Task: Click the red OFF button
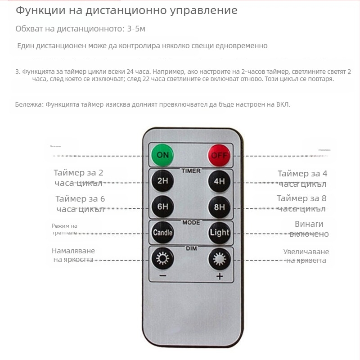tap(219, 156)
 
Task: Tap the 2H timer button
tap(162, 182)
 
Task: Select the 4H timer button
tap(219, 182)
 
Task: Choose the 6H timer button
tap(162, 207)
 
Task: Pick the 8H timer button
tap(219, 207)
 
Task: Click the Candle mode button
tap(162, 233)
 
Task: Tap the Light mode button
tap(219, 233)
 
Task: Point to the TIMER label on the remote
tap(191, 171)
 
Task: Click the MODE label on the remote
tap(191, 222)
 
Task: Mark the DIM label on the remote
tap(191, 248)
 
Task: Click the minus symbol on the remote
tap(162, 276)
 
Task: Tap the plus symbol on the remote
tap(219, 276)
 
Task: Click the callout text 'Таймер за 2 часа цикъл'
tap(78, 178)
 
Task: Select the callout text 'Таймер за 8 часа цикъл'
tap(301, 203)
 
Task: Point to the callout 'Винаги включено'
tap(309, 229)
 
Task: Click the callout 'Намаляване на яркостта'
tap(73, 255)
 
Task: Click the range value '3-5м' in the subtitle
tap(135, 29)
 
